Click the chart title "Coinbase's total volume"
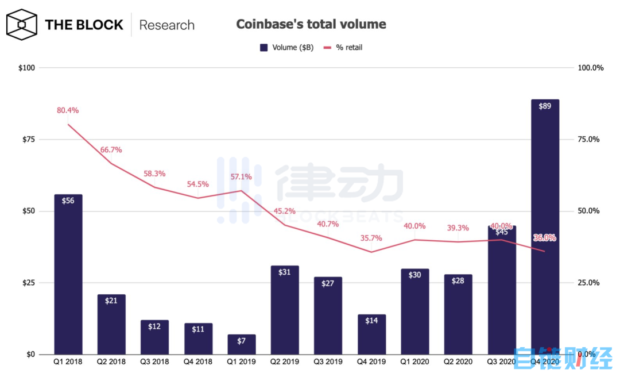click(311, 24)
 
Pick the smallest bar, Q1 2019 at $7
click(241, 344)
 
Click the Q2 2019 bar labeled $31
click(285, 310)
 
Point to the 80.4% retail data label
click(68, 110)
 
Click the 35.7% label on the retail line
click(371, 238)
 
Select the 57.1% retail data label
click(241, 177)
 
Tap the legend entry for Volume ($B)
click(286, 48)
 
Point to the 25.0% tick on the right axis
click(588, 283)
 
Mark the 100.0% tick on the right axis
click(590, 68)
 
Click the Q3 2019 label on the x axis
click(328, 362)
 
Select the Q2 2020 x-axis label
click(458, 362)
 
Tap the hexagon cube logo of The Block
click(22, 25)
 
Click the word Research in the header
click(166, 25)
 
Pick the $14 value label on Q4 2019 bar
click(371, 321)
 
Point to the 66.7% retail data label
click(111, 149)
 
